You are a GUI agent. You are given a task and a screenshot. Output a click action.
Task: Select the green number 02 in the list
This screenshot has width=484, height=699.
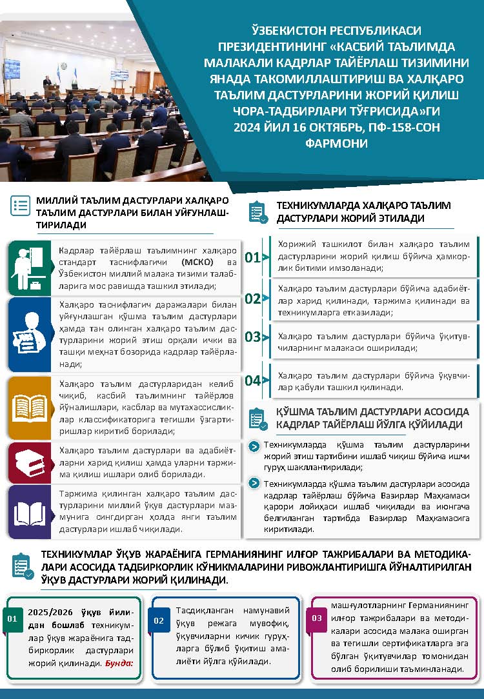click(x=252, y=299)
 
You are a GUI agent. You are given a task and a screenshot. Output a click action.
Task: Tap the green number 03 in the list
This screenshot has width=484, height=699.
click(x=252, y=337)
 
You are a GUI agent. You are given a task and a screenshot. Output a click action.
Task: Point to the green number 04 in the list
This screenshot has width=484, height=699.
click(x=252, y=380)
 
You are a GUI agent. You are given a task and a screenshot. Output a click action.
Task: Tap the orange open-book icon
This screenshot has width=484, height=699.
click(x=29, y=408)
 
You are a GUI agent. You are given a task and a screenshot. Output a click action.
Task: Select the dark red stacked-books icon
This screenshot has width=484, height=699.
click(x=29, y=462)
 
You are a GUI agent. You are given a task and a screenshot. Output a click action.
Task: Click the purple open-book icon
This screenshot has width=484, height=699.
click(x=29, y=512)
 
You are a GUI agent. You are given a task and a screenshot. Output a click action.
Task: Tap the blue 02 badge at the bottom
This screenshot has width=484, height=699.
click(x=159, y=621)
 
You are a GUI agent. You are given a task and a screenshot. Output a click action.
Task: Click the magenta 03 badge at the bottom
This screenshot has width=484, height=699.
click(x=317, y=618)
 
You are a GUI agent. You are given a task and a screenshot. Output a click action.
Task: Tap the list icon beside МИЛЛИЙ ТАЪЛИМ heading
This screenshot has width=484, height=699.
click(x=21, y=206)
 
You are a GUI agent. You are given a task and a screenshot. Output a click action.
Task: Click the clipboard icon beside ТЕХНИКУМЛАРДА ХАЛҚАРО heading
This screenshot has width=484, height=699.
click(x=257, y=212)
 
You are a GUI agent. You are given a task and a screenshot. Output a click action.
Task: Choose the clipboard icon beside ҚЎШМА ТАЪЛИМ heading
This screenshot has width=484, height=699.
click(x=257, y=418)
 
